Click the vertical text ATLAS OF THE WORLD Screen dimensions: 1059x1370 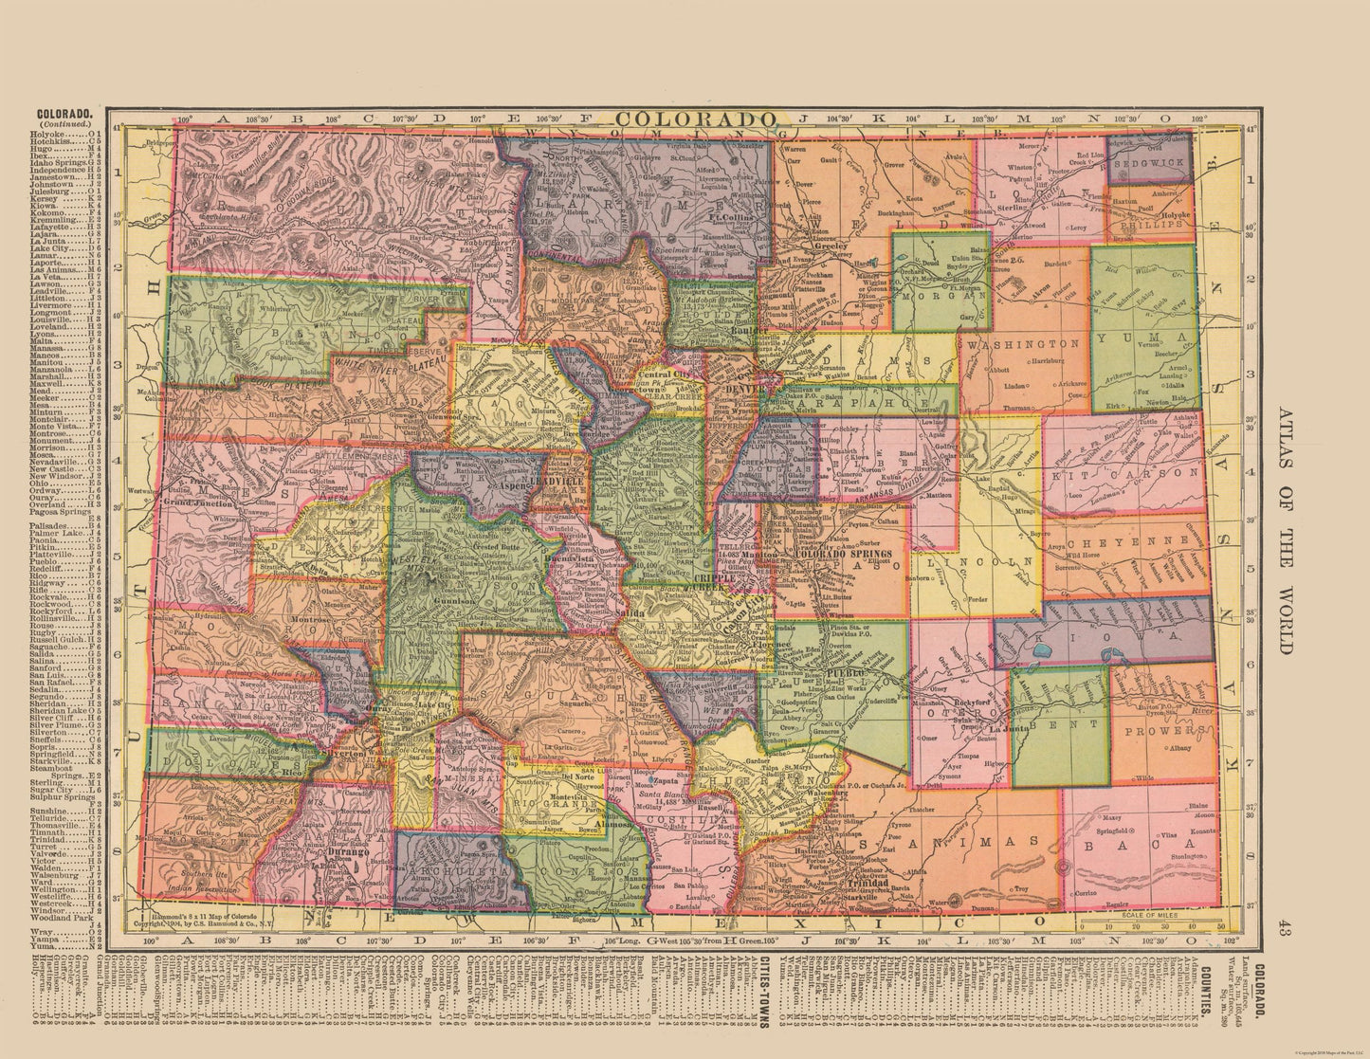tap(1285, 531)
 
